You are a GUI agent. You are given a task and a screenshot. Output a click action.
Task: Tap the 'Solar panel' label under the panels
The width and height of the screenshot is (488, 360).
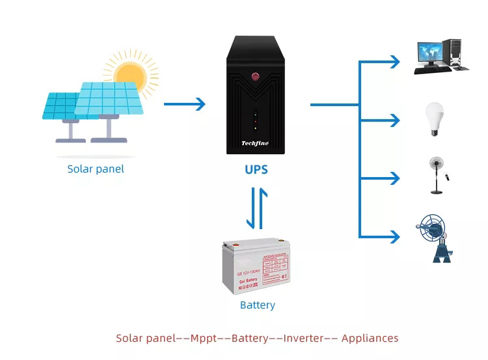coord(96,169)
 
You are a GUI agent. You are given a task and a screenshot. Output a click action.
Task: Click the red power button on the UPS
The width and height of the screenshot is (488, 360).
coord(256,77)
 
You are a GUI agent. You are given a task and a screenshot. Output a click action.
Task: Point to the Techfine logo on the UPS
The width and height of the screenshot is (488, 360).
coord(256,143)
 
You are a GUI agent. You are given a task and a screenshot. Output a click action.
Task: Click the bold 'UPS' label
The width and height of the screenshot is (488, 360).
coord(256,170)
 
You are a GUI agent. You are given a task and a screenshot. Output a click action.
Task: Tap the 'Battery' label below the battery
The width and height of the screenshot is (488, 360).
coord(258,305)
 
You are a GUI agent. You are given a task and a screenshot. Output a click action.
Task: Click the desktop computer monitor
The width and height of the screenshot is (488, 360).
coord(429,52)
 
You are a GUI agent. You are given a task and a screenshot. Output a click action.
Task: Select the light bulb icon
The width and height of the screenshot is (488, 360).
coord(434,118)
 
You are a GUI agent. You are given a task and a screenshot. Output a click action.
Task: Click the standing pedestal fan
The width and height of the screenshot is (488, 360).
coord(435,174)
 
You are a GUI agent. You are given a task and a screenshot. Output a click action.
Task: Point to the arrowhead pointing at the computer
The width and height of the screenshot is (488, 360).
coord(395,62)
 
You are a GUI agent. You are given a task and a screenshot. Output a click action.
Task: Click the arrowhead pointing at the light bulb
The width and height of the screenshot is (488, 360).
coord(395,120)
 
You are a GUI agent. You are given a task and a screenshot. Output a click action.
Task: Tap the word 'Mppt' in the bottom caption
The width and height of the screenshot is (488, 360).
coord(204,339)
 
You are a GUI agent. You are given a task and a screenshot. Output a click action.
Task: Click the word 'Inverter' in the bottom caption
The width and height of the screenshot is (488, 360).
coord(303,339)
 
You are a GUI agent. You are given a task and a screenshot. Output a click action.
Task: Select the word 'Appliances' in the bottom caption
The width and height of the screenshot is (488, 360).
coord(370,339)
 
